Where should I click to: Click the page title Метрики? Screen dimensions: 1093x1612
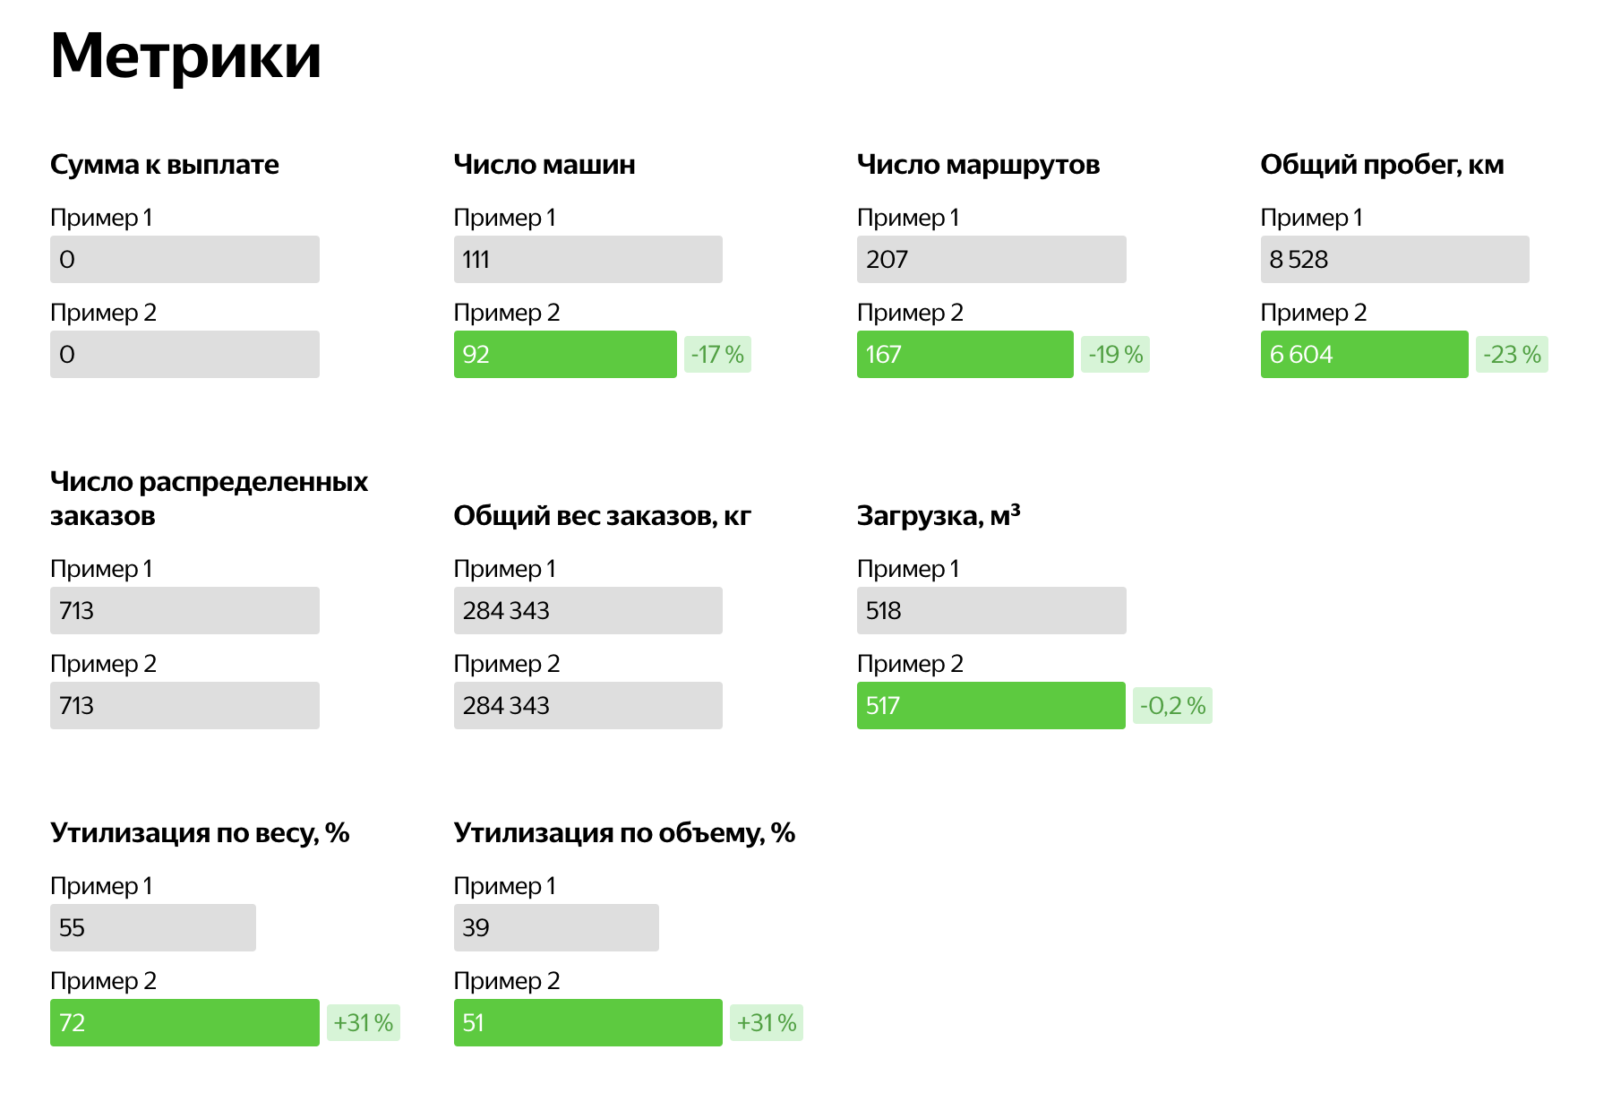185,56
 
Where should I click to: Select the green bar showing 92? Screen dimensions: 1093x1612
565,355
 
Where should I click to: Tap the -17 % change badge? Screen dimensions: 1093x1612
717,355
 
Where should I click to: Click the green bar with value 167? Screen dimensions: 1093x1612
965,355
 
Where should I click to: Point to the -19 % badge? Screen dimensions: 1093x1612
1115,355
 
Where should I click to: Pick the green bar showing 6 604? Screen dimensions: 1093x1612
1364,355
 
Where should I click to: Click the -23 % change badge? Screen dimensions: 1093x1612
1512,355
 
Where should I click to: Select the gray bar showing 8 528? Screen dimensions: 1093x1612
1394,260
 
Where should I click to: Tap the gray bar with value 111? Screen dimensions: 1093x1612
587,260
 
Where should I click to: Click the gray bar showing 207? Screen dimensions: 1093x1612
991,260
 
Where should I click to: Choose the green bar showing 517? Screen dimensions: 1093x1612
990,706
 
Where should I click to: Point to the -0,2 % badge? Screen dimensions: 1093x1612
1172,706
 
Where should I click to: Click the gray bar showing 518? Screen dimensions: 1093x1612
991,611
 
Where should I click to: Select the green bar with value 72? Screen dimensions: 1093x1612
184,1023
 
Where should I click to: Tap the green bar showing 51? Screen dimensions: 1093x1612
587,1023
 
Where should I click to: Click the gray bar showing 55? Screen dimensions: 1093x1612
152,928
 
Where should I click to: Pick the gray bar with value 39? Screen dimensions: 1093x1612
556,928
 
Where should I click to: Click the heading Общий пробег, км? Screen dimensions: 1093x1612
1382,165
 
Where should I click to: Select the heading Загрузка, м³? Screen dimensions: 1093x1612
939,516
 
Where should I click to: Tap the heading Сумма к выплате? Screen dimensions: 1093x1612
165,165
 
